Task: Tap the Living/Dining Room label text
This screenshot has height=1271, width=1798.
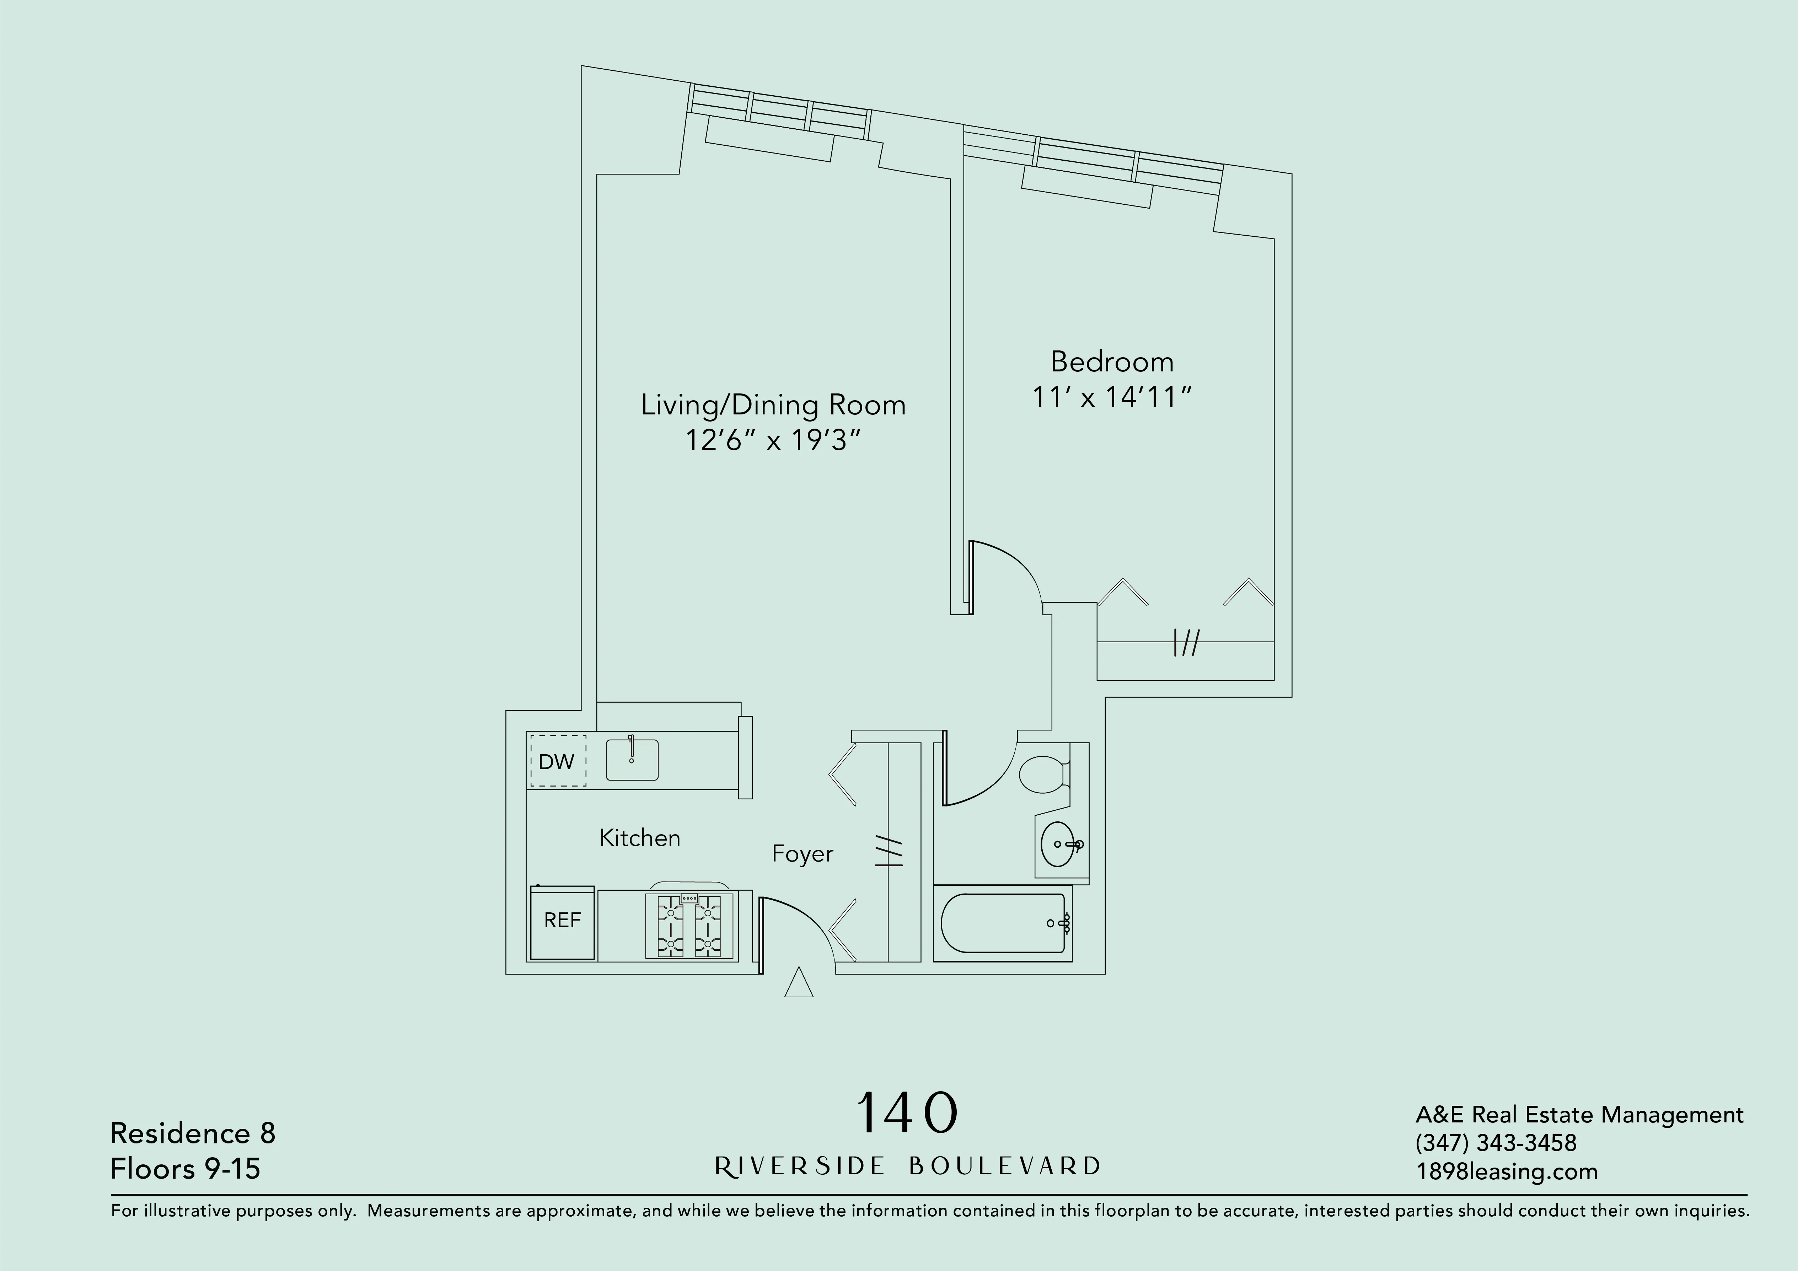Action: (x=773, y=405)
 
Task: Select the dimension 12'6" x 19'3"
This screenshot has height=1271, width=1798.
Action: (x=773, y=441)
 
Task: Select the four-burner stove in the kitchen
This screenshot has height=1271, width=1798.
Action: (x=689, y=926)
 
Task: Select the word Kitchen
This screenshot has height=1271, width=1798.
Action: (x=640, y=838)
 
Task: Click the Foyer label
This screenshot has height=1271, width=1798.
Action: (x=802, y=854)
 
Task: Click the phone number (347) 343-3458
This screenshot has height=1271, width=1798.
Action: (x=1496, y=1143)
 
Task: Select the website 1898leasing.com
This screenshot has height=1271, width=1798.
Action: (x=1506, y=1171)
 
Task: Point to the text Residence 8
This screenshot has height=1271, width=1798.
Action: (x=193, y=1133)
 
